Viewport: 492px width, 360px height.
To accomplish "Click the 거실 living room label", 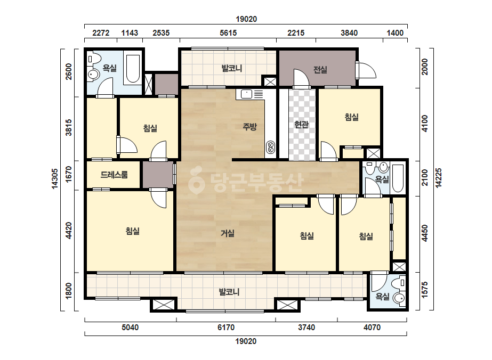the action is pyautogui.click(x=228, y=233).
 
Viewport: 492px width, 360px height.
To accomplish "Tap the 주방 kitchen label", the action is pyautogui.click(x=250, y=127).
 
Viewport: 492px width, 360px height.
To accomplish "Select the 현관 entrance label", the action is pyautogui.click(x=302, y=125).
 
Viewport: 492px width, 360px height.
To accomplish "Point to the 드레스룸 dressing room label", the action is pyautogui.click(x=114, y=175).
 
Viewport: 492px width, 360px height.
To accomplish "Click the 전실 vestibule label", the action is pyautogui.click(x=320, y=70).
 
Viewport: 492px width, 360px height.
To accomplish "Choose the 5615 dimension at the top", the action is pyautogui.click(x=228, y=33).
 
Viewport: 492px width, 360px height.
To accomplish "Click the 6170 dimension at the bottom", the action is pyautogui.click(x=226, y=328).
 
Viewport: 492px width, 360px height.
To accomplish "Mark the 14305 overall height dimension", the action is pyautogui.click(x=55, y=179).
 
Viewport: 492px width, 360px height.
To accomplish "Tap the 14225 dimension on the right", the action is pyautogui.click(x=438, y=178).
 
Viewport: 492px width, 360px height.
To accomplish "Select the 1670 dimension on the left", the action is pyautogui.click(x=69, y=174).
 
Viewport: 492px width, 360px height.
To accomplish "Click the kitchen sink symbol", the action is pyautogui.click(x=247, y=94).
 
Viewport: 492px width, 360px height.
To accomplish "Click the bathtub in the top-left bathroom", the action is pyautogui.click(x=133, y=69).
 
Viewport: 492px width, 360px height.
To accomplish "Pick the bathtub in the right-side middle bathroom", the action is pyautogui.click(x=398, y=178).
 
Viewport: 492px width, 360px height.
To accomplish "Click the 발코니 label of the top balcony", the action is pyautogui.click(x=231, y=68).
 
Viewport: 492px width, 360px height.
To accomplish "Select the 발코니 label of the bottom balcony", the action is pyautogui.click(x=229, y=292).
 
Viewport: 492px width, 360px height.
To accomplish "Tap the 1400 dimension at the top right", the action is pyautogui.click(x=395, y=33).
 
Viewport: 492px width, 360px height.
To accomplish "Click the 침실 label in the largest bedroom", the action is pyautogui.click(x=132, y=231).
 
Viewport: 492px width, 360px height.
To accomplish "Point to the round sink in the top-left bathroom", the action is pyautogui.click(x=93, y=75).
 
